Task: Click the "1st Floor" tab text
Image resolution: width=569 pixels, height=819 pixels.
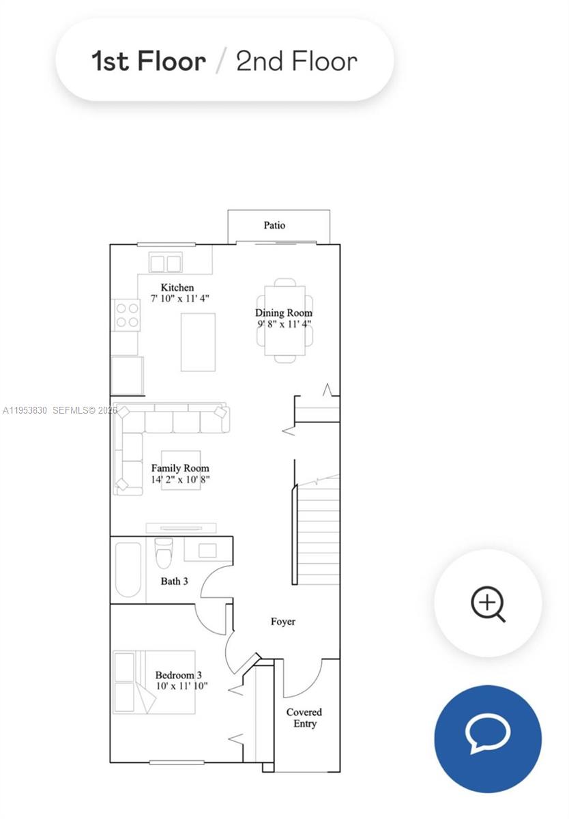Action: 149,61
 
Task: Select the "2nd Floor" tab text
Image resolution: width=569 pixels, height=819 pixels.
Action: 297,61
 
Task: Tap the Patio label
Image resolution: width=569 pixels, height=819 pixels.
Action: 274,225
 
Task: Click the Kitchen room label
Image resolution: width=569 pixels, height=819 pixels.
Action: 177,287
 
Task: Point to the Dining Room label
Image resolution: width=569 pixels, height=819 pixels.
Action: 285,313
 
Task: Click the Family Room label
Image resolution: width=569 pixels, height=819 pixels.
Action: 180,468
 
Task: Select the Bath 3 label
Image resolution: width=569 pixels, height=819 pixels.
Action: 174,581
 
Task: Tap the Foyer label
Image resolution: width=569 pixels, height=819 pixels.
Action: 283,621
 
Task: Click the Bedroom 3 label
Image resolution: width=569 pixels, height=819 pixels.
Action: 178,675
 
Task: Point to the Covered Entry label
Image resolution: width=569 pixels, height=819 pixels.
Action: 304,717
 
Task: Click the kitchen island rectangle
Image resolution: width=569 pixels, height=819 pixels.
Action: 198,342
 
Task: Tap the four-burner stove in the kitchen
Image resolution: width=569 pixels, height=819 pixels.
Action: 127,315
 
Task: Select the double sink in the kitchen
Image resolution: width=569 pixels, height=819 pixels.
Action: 166,263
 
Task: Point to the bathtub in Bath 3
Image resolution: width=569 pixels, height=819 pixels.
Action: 128,569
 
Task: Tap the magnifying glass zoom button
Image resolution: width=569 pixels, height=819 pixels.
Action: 488,603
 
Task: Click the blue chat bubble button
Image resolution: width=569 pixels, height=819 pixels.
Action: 488,738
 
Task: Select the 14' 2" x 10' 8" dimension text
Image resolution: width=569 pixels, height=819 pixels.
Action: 180,479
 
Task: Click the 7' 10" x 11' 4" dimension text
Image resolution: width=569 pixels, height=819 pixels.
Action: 179,298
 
